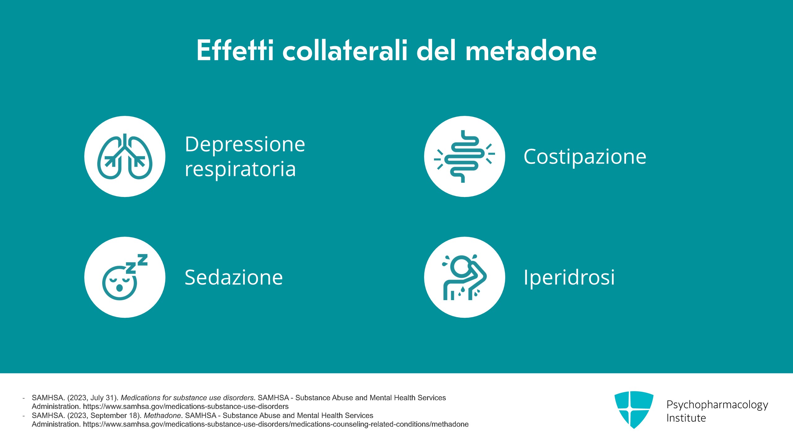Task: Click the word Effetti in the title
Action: tap(235, 50)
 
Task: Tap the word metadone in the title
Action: tap(531, 50)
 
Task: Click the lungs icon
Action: tap(125, 156)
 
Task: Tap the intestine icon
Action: tap(464, 156)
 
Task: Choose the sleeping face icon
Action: tap(125, 277)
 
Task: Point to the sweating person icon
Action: tap(464, 277)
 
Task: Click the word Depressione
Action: tap(245, 144)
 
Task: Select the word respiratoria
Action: tap(240, 169)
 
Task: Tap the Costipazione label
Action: tap(585, 156)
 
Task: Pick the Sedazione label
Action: tap(234, 277)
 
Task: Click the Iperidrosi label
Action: tap(569, 277)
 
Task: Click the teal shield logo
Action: tap(634, 410)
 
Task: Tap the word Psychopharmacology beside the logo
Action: tap(717, 405)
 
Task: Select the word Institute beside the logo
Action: tap(686, 418)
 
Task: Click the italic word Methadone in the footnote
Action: tap(162, 415)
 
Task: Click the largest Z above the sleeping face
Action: tap(142, 260)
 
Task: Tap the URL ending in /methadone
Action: tap(276, 424)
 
